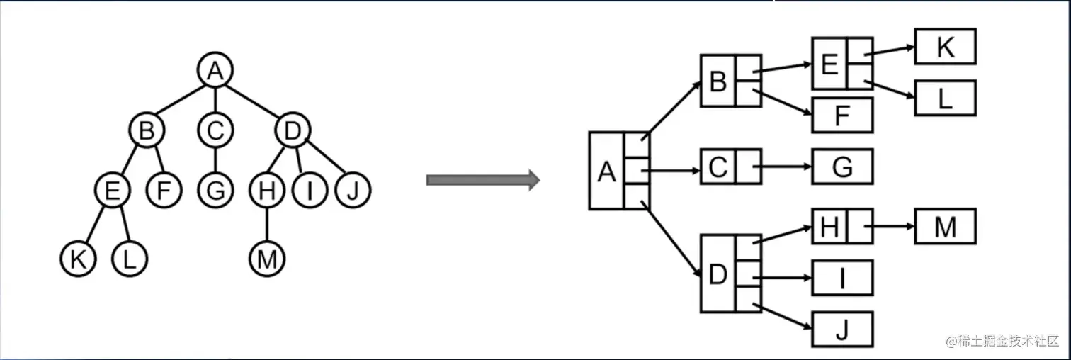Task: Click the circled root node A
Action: [216, 70]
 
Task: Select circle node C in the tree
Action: [216, 130]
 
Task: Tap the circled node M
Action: [267, 260]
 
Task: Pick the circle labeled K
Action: [78, 260]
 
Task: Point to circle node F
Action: [164, 191]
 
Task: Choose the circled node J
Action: [352, 191]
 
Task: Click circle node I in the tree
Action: [310, 191]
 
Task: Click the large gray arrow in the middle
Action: [482, 180]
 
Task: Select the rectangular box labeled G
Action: [842, 167]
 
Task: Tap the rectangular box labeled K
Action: [945, 47]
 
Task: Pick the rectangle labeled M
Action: [945, 227]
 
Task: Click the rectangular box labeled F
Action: [842, 116]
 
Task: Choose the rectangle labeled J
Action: [842, 330]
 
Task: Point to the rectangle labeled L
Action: [945, 99]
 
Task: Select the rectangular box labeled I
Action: [842, 278]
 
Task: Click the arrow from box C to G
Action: [783, 167]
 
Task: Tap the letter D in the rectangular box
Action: [718, 274]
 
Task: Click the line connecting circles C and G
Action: [216, 160]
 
